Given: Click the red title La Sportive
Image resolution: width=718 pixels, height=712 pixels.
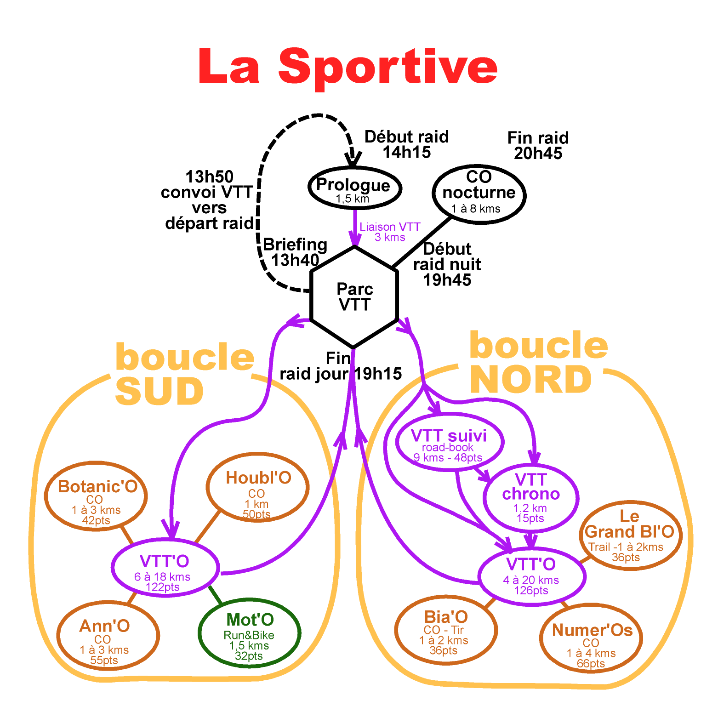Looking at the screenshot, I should coord(348,67).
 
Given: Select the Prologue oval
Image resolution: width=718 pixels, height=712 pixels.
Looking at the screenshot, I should coord(354,188).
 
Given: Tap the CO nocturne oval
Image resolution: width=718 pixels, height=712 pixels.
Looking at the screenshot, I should coord(479,194).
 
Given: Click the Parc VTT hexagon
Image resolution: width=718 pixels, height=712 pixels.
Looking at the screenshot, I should coord(354,297).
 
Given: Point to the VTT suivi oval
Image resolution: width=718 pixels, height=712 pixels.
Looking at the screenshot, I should coord(450,442).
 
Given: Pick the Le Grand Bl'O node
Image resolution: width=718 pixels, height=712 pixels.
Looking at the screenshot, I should coord(629,535).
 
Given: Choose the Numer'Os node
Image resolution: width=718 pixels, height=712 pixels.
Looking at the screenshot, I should coord(592,639).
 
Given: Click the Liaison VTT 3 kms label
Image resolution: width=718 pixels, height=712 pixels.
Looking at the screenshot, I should coord(390,232).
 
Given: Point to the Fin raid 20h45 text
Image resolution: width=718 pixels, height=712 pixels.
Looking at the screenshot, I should coord(538,145).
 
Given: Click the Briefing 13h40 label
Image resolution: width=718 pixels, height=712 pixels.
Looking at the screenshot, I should coord(295,252).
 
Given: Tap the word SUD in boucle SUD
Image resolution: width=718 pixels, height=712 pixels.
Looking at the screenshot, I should coord(159,392).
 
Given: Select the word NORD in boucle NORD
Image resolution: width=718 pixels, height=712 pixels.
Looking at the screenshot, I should coord(531,380).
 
